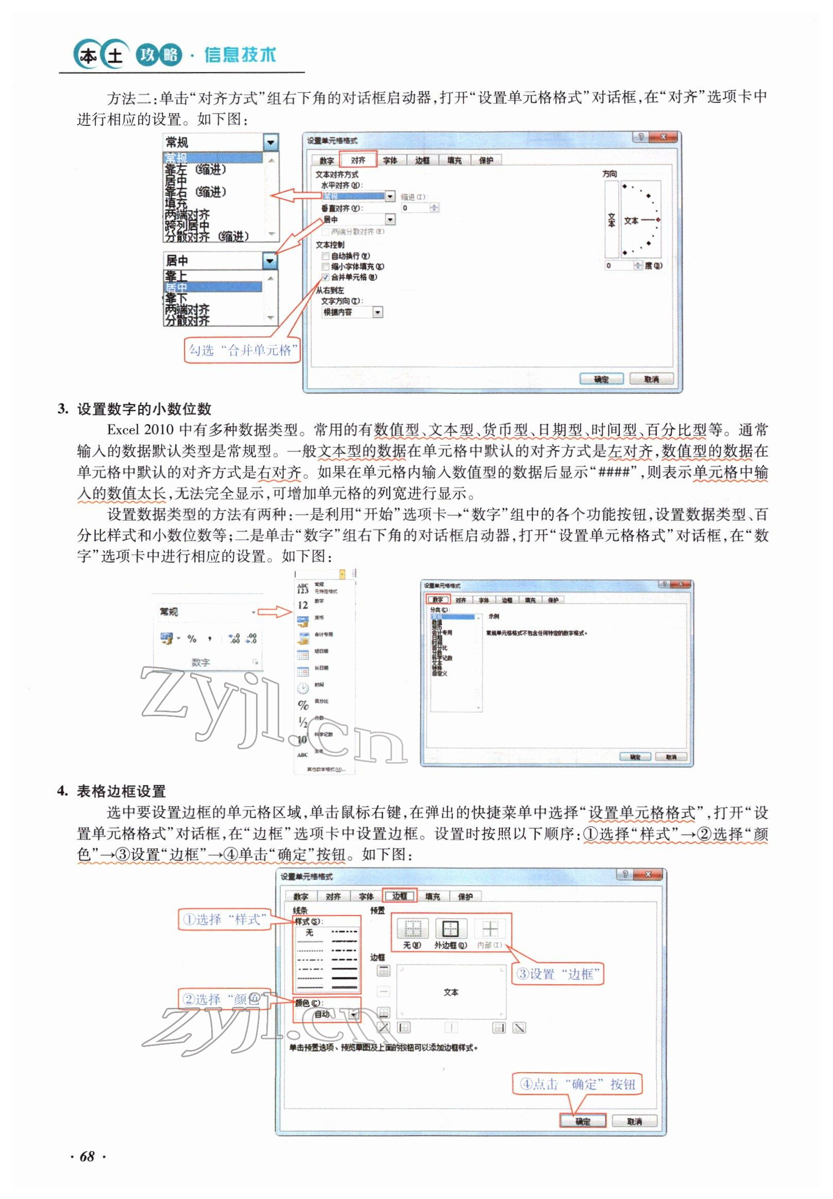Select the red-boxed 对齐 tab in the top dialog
358,160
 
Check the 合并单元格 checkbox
326,277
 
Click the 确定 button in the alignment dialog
601,379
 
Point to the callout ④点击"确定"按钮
577,1084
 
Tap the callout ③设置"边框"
557,973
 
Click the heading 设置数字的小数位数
144,409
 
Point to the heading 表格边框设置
121,791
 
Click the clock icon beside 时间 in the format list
303,688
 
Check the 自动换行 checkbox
326,256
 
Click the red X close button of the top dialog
663,137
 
